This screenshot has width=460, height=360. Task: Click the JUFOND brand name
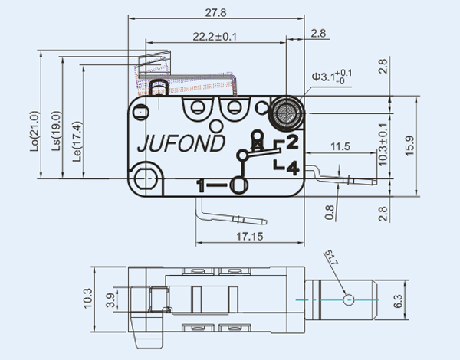pyautogui.click(x=180, y=144)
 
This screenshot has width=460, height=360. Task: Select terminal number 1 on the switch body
pyautogui.click(x=202, y=185)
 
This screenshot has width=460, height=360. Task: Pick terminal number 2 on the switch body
pyautogui.click(x=291, y=141)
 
